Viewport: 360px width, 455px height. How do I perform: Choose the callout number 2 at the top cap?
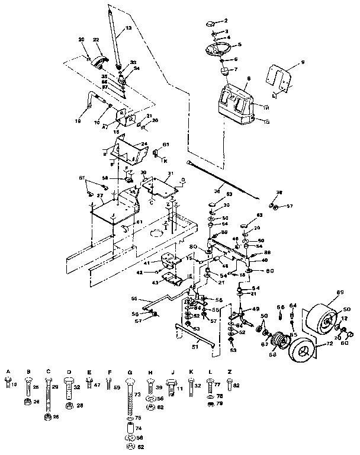coord(226,20)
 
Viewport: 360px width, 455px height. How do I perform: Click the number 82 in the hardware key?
coord(237,386)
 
